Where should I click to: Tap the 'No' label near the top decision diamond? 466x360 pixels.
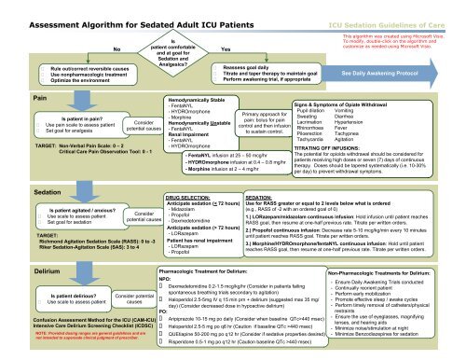pos(116,48)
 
